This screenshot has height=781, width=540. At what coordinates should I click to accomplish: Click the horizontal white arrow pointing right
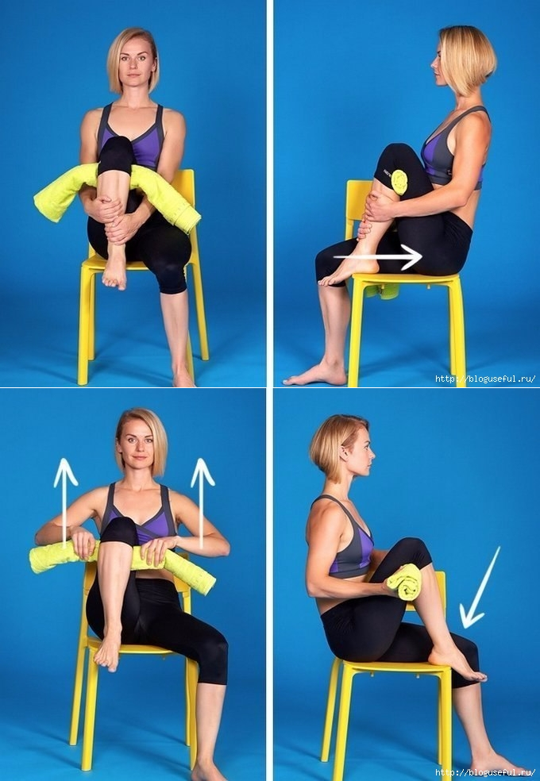[377, 257]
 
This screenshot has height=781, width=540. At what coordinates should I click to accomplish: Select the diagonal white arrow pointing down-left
[479, 588]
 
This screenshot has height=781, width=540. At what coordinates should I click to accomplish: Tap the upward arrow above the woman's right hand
[65, 503]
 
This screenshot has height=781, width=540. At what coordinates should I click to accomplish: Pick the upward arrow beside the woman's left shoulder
[202, 503]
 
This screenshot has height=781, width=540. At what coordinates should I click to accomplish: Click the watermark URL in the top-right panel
[485, 379]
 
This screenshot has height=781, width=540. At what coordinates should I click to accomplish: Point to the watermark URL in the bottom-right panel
[485, 773]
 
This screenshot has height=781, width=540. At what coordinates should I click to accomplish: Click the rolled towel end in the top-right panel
[399, 182]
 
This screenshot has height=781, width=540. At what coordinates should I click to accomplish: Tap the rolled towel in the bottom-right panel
[404, 582]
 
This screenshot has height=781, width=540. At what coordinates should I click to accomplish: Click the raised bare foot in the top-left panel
[114, 272]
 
